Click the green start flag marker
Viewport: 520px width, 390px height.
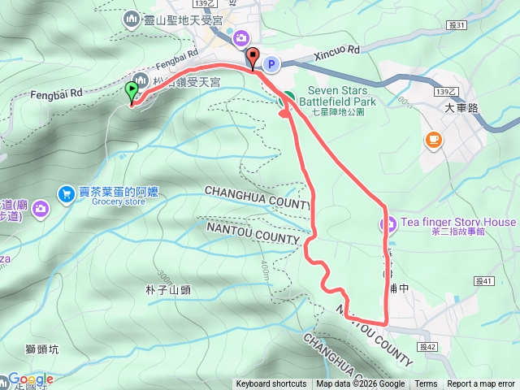tap(132, 92)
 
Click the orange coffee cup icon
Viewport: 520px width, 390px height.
tap(433, 141)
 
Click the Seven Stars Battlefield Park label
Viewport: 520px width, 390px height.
tap(342, 96)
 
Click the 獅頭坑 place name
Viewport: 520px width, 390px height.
tap(41, 349)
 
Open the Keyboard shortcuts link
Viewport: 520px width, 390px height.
tap(271, 384)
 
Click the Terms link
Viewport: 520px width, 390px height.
tap(426, 384)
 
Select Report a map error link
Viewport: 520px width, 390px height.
tap(481, 384)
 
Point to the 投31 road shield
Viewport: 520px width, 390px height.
tap(458, 25)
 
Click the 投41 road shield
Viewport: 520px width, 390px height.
tap(485, 281)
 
